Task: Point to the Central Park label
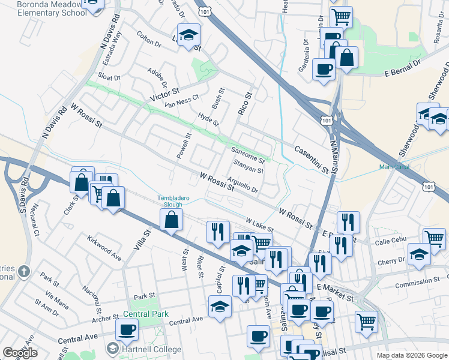click(146, 313)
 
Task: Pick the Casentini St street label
click(312, 159)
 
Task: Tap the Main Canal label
click(394, 167)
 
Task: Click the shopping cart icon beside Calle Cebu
click(434, 238)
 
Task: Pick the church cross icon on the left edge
click(23, 271)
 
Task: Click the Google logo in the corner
click(20, 352)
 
